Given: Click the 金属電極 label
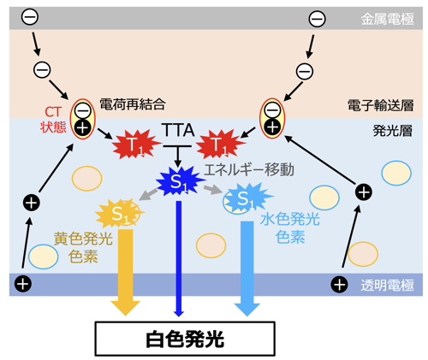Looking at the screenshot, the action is coord(387,20).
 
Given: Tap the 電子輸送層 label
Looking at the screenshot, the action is coord(381,105).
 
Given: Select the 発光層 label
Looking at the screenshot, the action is coord(393,131).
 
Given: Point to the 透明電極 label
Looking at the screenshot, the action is coord(387,285).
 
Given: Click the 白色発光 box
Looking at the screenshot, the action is coord(185,339).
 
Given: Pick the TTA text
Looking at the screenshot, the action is coord(178,130).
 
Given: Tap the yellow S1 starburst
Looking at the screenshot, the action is coord(120,213).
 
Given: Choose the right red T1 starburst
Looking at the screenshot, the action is coord(220,145).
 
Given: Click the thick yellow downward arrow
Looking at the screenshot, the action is coord(126,272).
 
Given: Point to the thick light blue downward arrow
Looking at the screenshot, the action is coord(247,269).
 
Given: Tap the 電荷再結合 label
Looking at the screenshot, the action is coord(133,104).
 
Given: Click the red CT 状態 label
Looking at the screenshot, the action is coord(53,120).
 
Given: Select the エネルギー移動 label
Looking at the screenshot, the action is coord(249,169).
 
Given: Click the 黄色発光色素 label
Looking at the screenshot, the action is coord(83,247).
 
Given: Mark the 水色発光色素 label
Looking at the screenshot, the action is coord(290,228).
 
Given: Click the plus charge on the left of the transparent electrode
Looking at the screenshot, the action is coord(23,284).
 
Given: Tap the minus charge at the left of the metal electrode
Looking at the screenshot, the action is coord(30,16).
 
